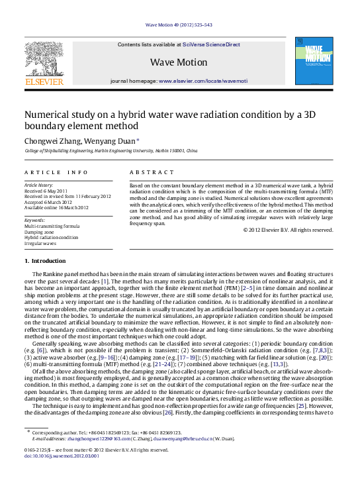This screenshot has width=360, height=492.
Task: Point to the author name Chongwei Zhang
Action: pyautogui.click(x=51, y=142)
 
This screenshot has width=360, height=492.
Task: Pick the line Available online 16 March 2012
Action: pyautogui.click(x=56, y=207)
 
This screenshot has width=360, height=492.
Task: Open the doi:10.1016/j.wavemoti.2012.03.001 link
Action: pyautogui.click(x=62, y=475)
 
